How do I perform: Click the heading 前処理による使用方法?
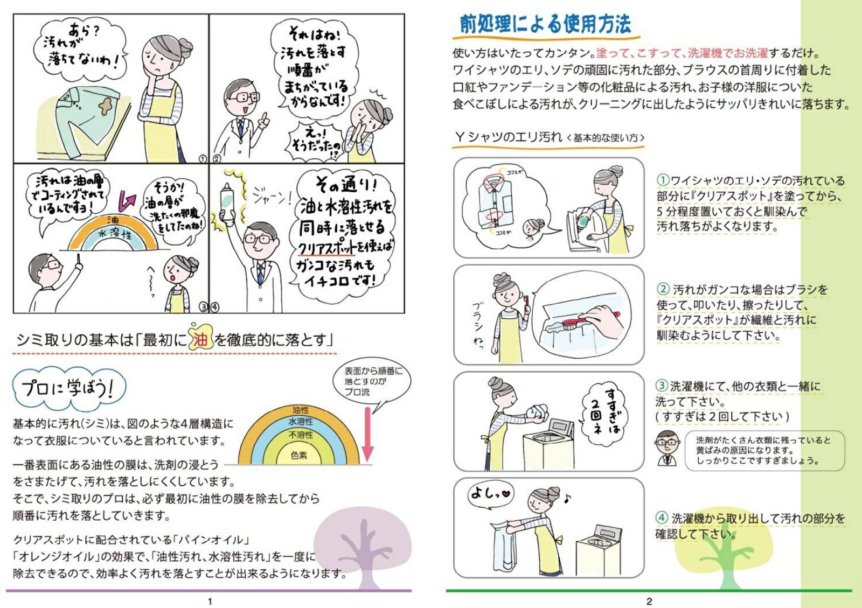545,24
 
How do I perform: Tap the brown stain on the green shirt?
106,106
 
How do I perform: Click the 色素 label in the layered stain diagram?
298,456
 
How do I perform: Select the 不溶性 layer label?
301,435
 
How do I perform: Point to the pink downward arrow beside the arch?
367,435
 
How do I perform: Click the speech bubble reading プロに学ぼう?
69,389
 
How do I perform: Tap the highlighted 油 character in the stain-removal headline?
200,339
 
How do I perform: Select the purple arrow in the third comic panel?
127,201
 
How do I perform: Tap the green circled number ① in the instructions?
663,180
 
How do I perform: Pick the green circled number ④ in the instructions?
662,518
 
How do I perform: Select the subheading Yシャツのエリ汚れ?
509,137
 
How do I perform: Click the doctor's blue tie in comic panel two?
240,127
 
